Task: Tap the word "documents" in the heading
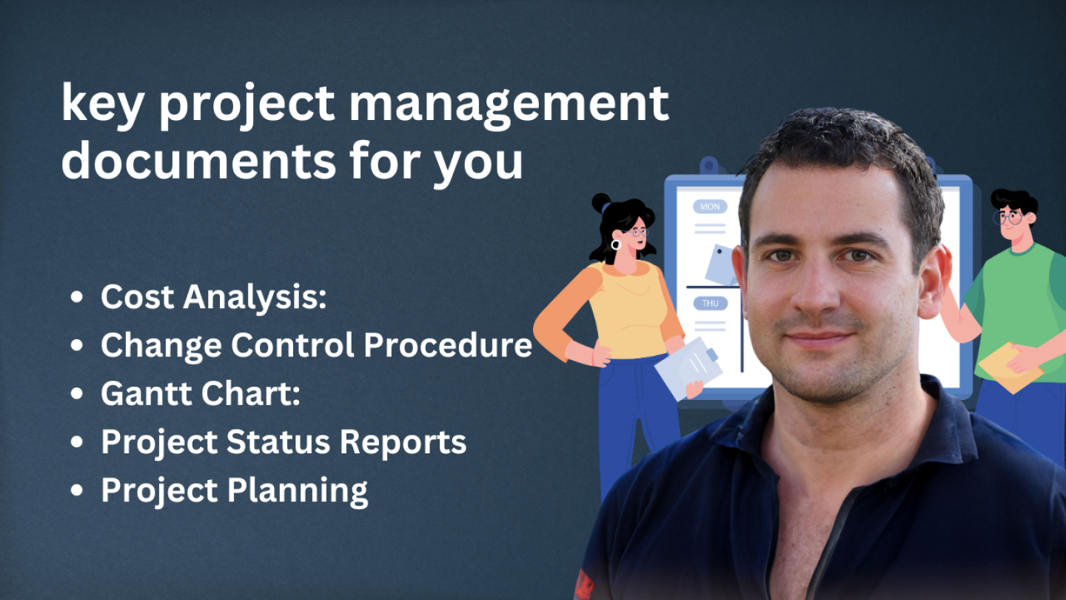point(199,161)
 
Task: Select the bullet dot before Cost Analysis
point(76,297)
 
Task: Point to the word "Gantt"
point(147,393)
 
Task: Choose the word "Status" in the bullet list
point(278,441)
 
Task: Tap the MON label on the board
point(709,207)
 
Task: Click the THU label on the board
point(710,304)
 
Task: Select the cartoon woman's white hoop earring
point(616,244)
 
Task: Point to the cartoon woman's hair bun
point(601,203)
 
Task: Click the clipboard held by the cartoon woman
point(688,367)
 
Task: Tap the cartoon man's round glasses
point(1008,218)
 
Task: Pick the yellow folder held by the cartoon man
point(1008,367)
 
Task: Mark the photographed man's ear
point(933,281)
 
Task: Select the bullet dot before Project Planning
point(76,490)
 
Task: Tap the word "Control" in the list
point(292,344)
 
